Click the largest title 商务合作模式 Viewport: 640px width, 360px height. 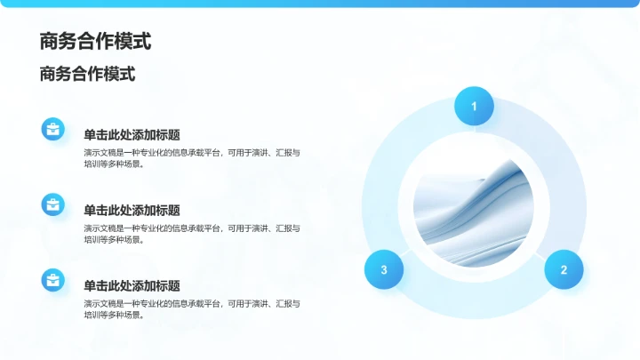[x=95, y=41]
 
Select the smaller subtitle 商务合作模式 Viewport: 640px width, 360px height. [x=87, y=75]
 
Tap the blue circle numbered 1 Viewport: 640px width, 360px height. [x=474, y=107]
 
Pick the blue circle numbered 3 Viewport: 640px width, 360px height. [x=384, y=269]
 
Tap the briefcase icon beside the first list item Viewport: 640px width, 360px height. [x=53, y=130]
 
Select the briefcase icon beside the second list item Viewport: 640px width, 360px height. [x=53, y=205]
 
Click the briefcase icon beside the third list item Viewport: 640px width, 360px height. [x=53, y=281]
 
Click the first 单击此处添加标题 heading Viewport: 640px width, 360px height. [x=132, y=135]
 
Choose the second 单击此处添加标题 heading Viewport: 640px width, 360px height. [x=132, y=211]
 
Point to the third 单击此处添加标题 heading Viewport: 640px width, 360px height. [x=132, y=286]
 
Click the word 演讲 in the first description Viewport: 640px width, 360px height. [x=261, y=153]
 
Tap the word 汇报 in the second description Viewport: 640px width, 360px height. [x=290, y=228]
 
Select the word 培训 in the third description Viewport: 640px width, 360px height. [x=92, y=315]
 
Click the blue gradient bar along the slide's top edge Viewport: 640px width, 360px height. [x=320, y=4]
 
